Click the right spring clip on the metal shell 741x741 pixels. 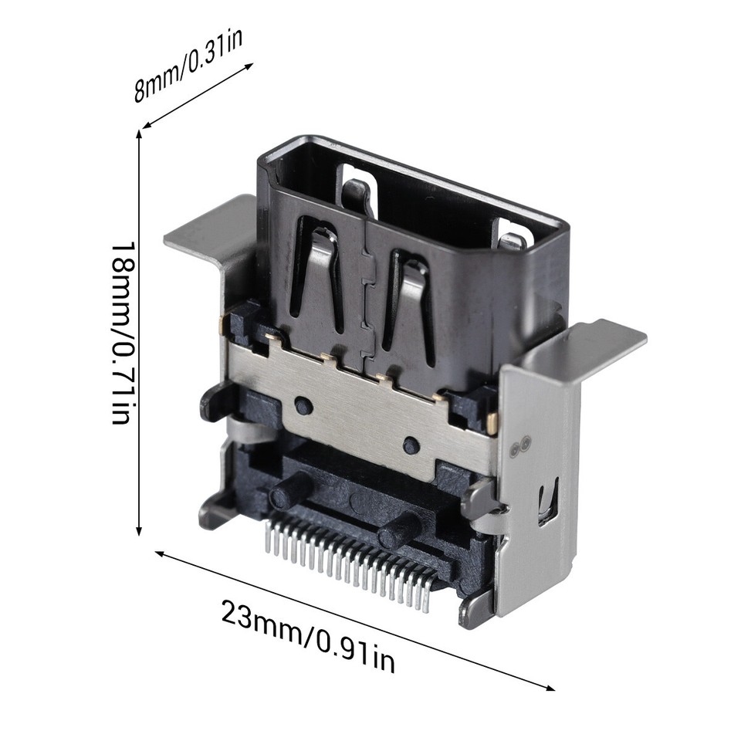click(x=408, y=301)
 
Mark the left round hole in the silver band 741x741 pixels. click(x=303, y=404)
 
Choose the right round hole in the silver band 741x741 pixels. click(x=411, y=445)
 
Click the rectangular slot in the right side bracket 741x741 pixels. click(x=547, y=501)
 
